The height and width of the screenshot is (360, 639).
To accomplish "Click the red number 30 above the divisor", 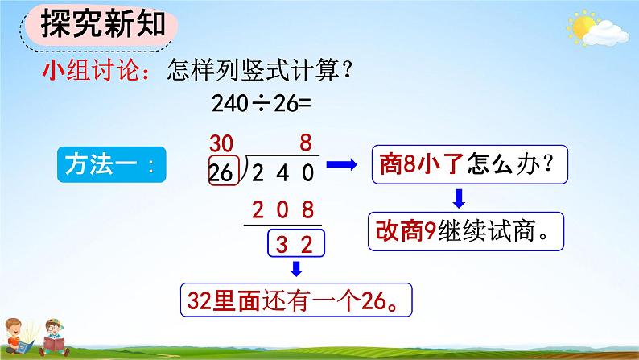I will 225,146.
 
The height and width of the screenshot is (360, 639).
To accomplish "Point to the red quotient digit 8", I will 305,146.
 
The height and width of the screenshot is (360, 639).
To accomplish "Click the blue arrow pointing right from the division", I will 341,165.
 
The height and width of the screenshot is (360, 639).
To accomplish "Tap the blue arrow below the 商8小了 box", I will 456,198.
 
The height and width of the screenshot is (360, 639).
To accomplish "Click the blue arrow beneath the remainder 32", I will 296,267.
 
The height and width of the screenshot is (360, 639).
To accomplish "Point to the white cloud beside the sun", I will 606,34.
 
